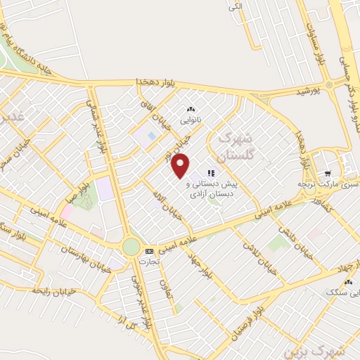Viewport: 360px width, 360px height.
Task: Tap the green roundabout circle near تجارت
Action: tap(131, 246)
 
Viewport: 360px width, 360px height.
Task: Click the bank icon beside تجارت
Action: tap(148, 251)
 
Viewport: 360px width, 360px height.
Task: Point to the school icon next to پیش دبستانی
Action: tap(210, 172)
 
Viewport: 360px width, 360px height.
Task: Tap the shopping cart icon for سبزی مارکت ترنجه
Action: tap(327, 174)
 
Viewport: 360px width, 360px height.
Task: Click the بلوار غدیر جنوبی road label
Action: tap(141, 303)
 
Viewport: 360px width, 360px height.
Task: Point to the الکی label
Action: tap(234, 8)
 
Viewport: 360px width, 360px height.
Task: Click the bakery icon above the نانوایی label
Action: tap(190, 110)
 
